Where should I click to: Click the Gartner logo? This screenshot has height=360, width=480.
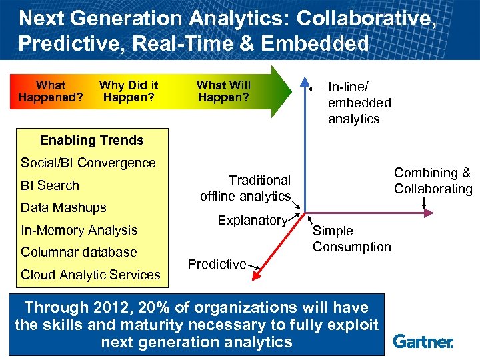[423, 341]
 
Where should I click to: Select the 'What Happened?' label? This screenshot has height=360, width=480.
[51, 91]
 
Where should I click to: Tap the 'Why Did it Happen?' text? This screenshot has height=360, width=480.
[128, 91]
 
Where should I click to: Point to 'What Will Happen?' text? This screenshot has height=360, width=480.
[223, 91]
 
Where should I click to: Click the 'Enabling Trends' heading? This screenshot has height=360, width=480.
[91, 140]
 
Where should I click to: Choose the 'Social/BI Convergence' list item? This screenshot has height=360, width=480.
[88, 163]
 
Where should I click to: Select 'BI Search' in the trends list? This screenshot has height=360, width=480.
[50, 185]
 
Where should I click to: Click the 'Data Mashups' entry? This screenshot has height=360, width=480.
[63, 207]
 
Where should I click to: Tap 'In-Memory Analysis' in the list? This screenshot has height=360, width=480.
[79, 230]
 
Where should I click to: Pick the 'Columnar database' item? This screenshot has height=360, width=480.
[79, 252]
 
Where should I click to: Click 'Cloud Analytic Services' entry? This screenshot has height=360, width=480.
[91, 275]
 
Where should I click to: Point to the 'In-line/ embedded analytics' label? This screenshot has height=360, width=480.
[359, 103]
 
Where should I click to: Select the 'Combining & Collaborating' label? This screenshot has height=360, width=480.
[433, 181]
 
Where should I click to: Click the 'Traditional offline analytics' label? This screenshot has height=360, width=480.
[246, 188]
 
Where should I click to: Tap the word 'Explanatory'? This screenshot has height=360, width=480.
[252, 220]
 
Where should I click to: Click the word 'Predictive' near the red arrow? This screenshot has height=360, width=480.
[217, 264]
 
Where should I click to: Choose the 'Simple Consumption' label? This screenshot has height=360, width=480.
[351, 239]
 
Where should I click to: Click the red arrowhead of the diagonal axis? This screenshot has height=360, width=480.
[259, 275]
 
